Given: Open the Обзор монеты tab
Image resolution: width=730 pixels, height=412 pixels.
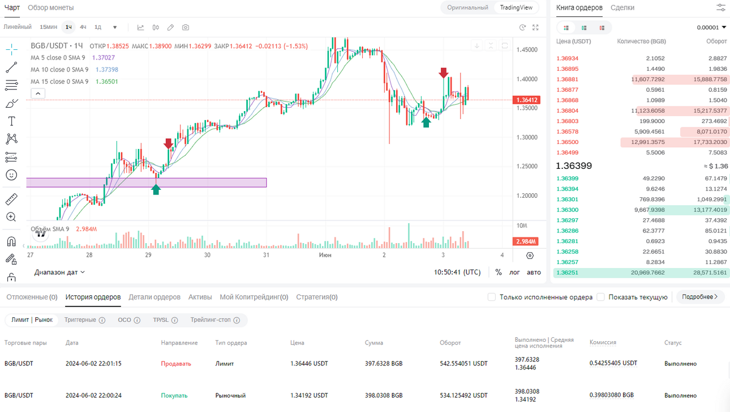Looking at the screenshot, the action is (x=50, y=7).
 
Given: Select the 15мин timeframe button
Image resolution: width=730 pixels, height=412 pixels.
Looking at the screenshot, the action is (x=48, y=27).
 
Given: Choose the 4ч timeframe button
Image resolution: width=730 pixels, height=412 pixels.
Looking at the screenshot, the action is (x=83, y=27).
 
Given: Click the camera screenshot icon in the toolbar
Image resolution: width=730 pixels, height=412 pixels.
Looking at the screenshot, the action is (x=186, y=27).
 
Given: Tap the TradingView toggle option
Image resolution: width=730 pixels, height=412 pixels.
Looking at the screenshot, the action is (x=516, y=7).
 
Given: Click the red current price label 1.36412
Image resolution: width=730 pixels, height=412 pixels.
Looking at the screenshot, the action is (x=526, y=100).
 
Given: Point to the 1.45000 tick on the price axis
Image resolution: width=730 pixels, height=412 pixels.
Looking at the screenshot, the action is (x=527, y=50).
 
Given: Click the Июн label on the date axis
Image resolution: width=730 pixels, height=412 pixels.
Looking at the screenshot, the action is (x=325, y=255).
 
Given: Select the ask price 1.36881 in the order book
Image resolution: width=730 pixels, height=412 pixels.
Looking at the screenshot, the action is (x=568, y=79).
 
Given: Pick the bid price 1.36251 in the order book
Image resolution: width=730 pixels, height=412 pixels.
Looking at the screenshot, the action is (x=568, y=273).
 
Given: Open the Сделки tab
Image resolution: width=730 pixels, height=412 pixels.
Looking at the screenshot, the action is (x=622, y=7).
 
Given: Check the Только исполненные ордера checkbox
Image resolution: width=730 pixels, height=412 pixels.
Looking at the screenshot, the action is (x=491, y=297).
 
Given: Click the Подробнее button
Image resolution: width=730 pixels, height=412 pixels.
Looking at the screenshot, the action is (x=699, y=297).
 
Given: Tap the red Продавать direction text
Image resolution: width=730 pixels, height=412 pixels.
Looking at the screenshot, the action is (x=176, y=364).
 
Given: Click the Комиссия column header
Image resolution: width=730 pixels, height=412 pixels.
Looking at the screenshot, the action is (x=603, y=342).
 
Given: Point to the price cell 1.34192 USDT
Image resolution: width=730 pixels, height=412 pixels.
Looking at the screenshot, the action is (x=309, y=396).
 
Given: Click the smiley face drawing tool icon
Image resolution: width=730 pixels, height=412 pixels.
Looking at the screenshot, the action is (x=11, y=175).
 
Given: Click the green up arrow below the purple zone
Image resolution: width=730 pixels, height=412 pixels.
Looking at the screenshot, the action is (x=156, y=189).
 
